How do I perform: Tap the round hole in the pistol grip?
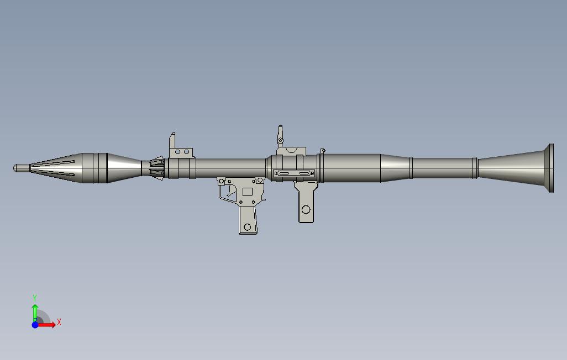coord(248,227)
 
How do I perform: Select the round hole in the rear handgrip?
coord(306,209)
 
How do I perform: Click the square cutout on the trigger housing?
coord(248,192)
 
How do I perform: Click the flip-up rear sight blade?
coord(280,134)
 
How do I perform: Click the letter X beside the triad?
coord(59,322)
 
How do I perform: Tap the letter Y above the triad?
coord(35,298)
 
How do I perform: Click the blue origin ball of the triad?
coord(35,325)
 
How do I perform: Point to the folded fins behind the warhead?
coord(158,168)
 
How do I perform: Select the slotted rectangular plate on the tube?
coord(294,174)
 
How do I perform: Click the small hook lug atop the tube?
coord(323,150)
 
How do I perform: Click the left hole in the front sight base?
coord(178,152)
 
